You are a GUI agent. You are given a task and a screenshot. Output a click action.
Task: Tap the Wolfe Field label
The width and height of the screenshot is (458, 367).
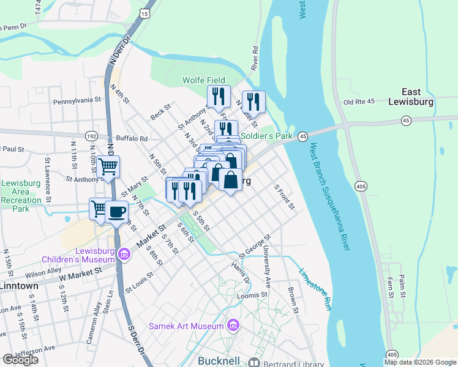204,80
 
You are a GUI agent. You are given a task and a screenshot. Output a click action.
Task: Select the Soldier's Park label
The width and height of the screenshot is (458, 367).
266,136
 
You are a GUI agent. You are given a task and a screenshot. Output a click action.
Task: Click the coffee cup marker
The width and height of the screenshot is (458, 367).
116,212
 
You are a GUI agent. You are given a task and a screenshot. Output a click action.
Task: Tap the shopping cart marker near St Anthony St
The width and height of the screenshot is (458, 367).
108,166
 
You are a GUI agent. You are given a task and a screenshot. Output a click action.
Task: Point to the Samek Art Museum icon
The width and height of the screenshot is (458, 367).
233,325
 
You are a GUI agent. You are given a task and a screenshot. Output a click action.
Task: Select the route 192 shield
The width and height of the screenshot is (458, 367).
91,136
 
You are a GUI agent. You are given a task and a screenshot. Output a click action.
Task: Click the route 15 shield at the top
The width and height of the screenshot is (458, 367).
143,12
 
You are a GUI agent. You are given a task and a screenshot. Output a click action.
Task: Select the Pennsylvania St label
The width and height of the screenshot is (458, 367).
77,100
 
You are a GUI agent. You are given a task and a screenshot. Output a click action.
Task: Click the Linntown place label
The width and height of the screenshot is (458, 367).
19,286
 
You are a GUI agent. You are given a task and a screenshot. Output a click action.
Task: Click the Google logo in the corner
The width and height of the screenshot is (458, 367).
20,359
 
